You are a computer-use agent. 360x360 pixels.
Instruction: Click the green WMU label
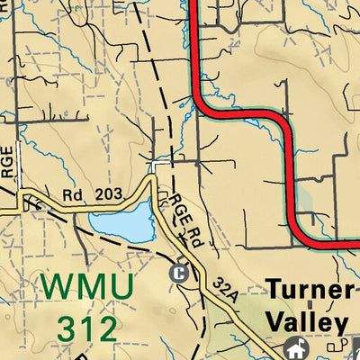point(87,287)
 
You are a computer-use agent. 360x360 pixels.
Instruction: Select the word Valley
point(307,322)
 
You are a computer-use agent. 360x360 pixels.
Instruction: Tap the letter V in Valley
point(274,322)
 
